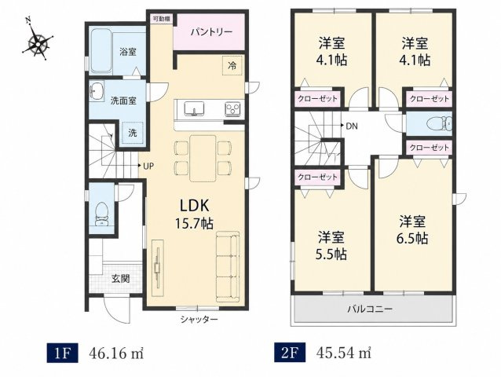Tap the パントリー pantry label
tap(211, 32)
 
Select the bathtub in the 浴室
tap(101, 51)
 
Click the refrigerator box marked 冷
tap(232, 67)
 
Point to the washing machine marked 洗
tap(132, 133)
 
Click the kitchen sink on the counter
tap(194, 108)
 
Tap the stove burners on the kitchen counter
tap(232, 108)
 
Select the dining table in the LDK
tap(203, 158)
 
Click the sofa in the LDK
tap(228, 266)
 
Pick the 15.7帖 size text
tap(194, 223)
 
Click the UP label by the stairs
tap(148, 166)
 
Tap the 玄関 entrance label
tap(120, 279)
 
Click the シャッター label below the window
tap(199, 319)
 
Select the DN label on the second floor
tap(352, 126)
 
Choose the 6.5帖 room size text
tap(412, 238)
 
